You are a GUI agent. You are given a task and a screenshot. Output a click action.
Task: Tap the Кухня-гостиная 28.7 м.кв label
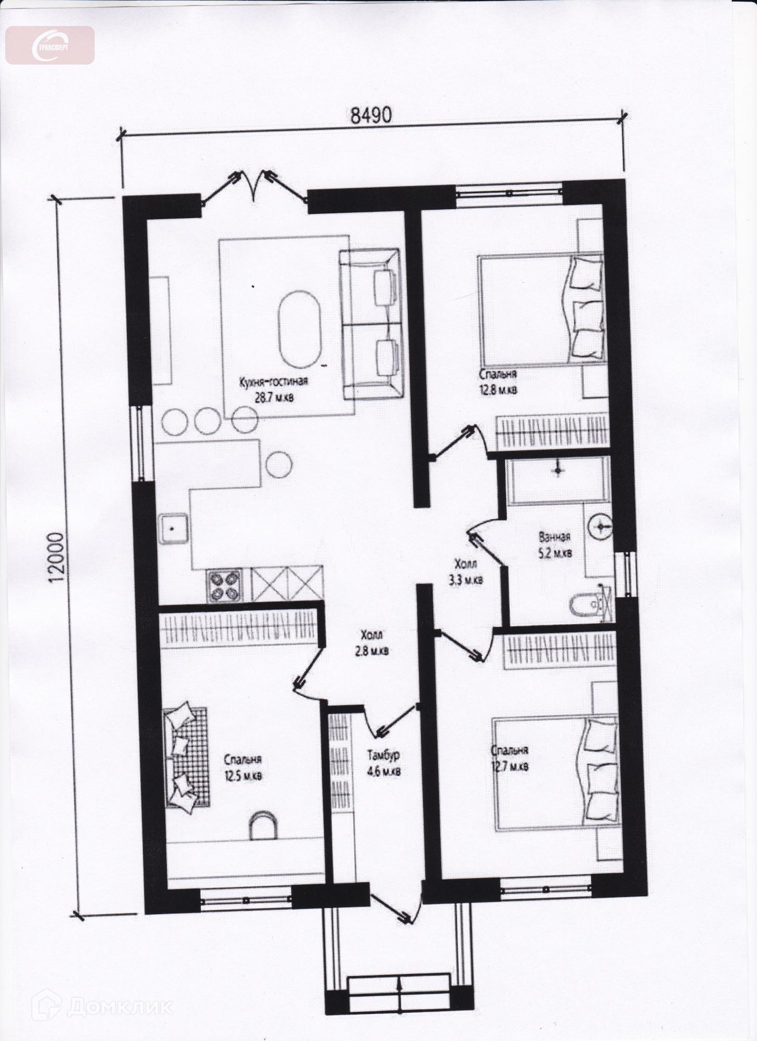pyautogui.click(x=274, y=389)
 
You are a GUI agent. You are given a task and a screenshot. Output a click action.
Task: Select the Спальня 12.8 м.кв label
pyautogui.click(x=498, y=382)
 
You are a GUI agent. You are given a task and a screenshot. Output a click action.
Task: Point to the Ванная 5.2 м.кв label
pyautogui.click(x=555, y=544)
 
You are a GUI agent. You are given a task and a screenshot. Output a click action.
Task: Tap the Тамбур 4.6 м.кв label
pyautogui.click(x=383, y=763)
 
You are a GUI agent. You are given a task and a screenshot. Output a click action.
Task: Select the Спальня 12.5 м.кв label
pyautogui.click(x=243, y=767)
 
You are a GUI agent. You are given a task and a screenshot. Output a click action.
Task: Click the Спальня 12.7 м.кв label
pyautogui.click(x=510, y=758)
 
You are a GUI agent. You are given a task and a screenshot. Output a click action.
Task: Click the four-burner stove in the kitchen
pyautogui.click(x=225, y=586)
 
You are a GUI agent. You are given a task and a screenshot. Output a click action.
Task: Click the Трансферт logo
pyautogui.click(x=50, y=45)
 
